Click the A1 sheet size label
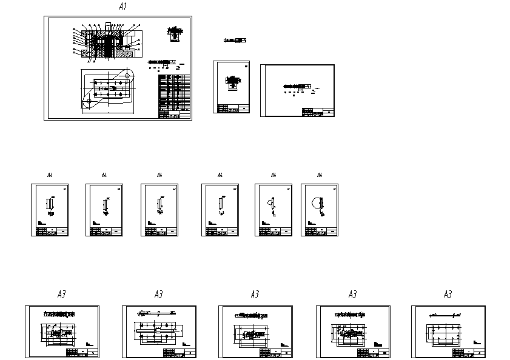point(122,7)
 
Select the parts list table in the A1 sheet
point(174,96)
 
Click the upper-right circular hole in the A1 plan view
point(128,75)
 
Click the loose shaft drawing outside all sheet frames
point(235,41)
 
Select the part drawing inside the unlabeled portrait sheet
point(232,82)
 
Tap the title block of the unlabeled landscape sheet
point(318,112)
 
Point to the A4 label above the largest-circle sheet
point(320,175)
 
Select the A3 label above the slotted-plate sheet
point(158,295)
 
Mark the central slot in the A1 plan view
point(110,88)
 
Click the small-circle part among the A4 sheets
point(271,204)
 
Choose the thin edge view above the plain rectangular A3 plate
point(446,316)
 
